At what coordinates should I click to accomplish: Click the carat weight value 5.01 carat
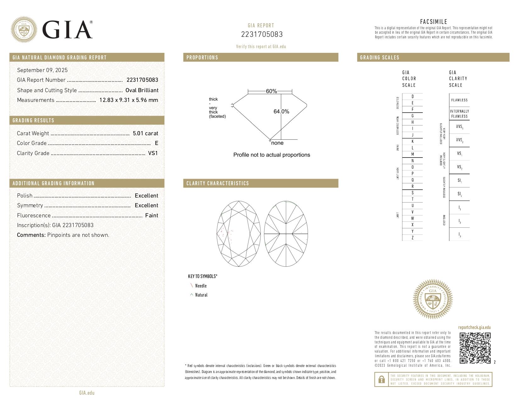[145, 133]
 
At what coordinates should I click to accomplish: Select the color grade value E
[156, 143]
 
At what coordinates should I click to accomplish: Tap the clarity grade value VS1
[153, 153]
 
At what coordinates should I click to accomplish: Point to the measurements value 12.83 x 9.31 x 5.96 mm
[129, 100]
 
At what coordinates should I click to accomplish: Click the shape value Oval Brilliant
[142, 90]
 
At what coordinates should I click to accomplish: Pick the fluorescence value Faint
[152, 215]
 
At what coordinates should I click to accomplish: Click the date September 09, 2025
[42, 70]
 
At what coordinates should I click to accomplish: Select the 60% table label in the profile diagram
[271, 91]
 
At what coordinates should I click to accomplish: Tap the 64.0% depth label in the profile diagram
[281, 112]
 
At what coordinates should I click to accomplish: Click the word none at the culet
[277, 143]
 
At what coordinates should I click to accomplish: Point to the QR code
[475, 348]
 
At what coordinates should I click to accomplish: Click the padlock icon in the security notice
[381, 380]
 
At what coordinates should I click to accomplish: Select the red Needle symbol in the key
[192, 286]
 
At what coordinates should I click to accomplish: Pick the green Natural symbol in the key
[192, 295]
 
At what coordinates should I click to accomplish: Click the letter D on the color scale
[412, 97]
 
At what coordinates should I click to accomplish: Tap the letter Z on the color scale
[412, 238]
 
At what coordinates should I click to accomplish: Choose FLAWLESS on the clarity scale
[459, 100]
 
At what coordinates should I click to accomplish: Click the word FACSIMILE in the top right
[433, 22]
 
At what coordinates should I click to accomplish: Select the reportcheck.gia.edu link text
[474, 327]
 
